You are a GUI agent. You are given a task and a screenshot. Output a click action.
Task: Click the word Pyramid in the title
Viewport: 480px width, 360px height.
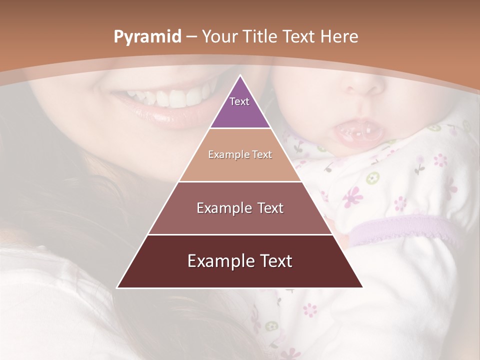pos(147,37)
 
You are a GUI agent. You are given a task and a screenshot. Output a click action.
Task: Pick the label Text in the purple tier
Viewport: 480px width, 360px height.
pos(239,101)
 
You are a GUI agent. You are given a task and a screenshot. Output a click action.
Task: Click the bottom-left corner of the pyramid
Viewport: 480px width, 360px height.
pos(117,287)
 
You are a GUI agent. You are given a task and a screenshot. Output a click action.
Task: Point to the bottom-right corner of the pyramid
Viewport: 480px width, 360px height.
pos(362,287)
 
